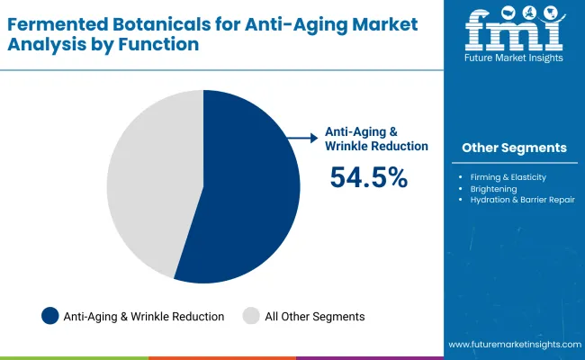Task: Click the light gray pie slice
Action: coord(148,180)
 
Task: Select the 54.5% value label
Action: coord(369,177)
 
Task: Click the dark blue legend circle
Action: coord(50,316)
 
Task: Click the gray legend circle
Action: coord(252,316)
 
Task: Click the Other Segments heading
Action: coord(514,148)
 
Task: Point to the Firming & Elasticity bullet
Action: coord(508,177)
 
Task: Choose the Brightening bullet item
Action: coord(494,189)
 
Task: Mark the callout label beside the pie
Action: coord(376,139)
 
